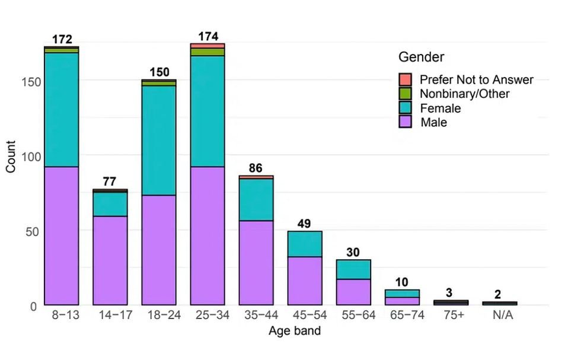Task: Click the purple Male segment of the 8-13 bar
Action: [x=61, y=235]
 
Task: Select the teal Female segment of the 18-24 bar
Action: [x=159, y=141]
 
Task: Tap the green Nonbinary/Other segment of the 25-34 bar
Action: [x=207, y=52]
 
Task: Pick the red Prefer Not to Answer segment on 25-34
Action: [x=207, y=46]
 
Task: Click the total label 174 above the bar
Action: [x=207, y=36]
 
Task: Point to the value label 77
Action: [x=110, y=181]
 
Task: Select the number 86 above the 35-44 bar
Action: [x=256, y=168]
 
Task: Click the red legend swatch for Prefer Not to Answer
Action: [x=405, y=79]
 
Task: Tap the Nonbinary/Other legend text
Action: [x=464, y=94]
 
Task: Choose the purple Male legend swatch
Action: [x=405, y=122]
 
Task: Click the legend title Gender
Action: [x=421, y=57]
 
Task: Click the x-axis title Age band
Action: [x=294, y=331]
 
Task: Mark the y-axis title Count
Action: [x=11, y=160]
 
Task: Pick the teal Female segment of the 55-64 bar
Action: [x=353, y=269]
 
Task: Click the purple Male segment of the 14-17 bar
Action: [x=110, y=260]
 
